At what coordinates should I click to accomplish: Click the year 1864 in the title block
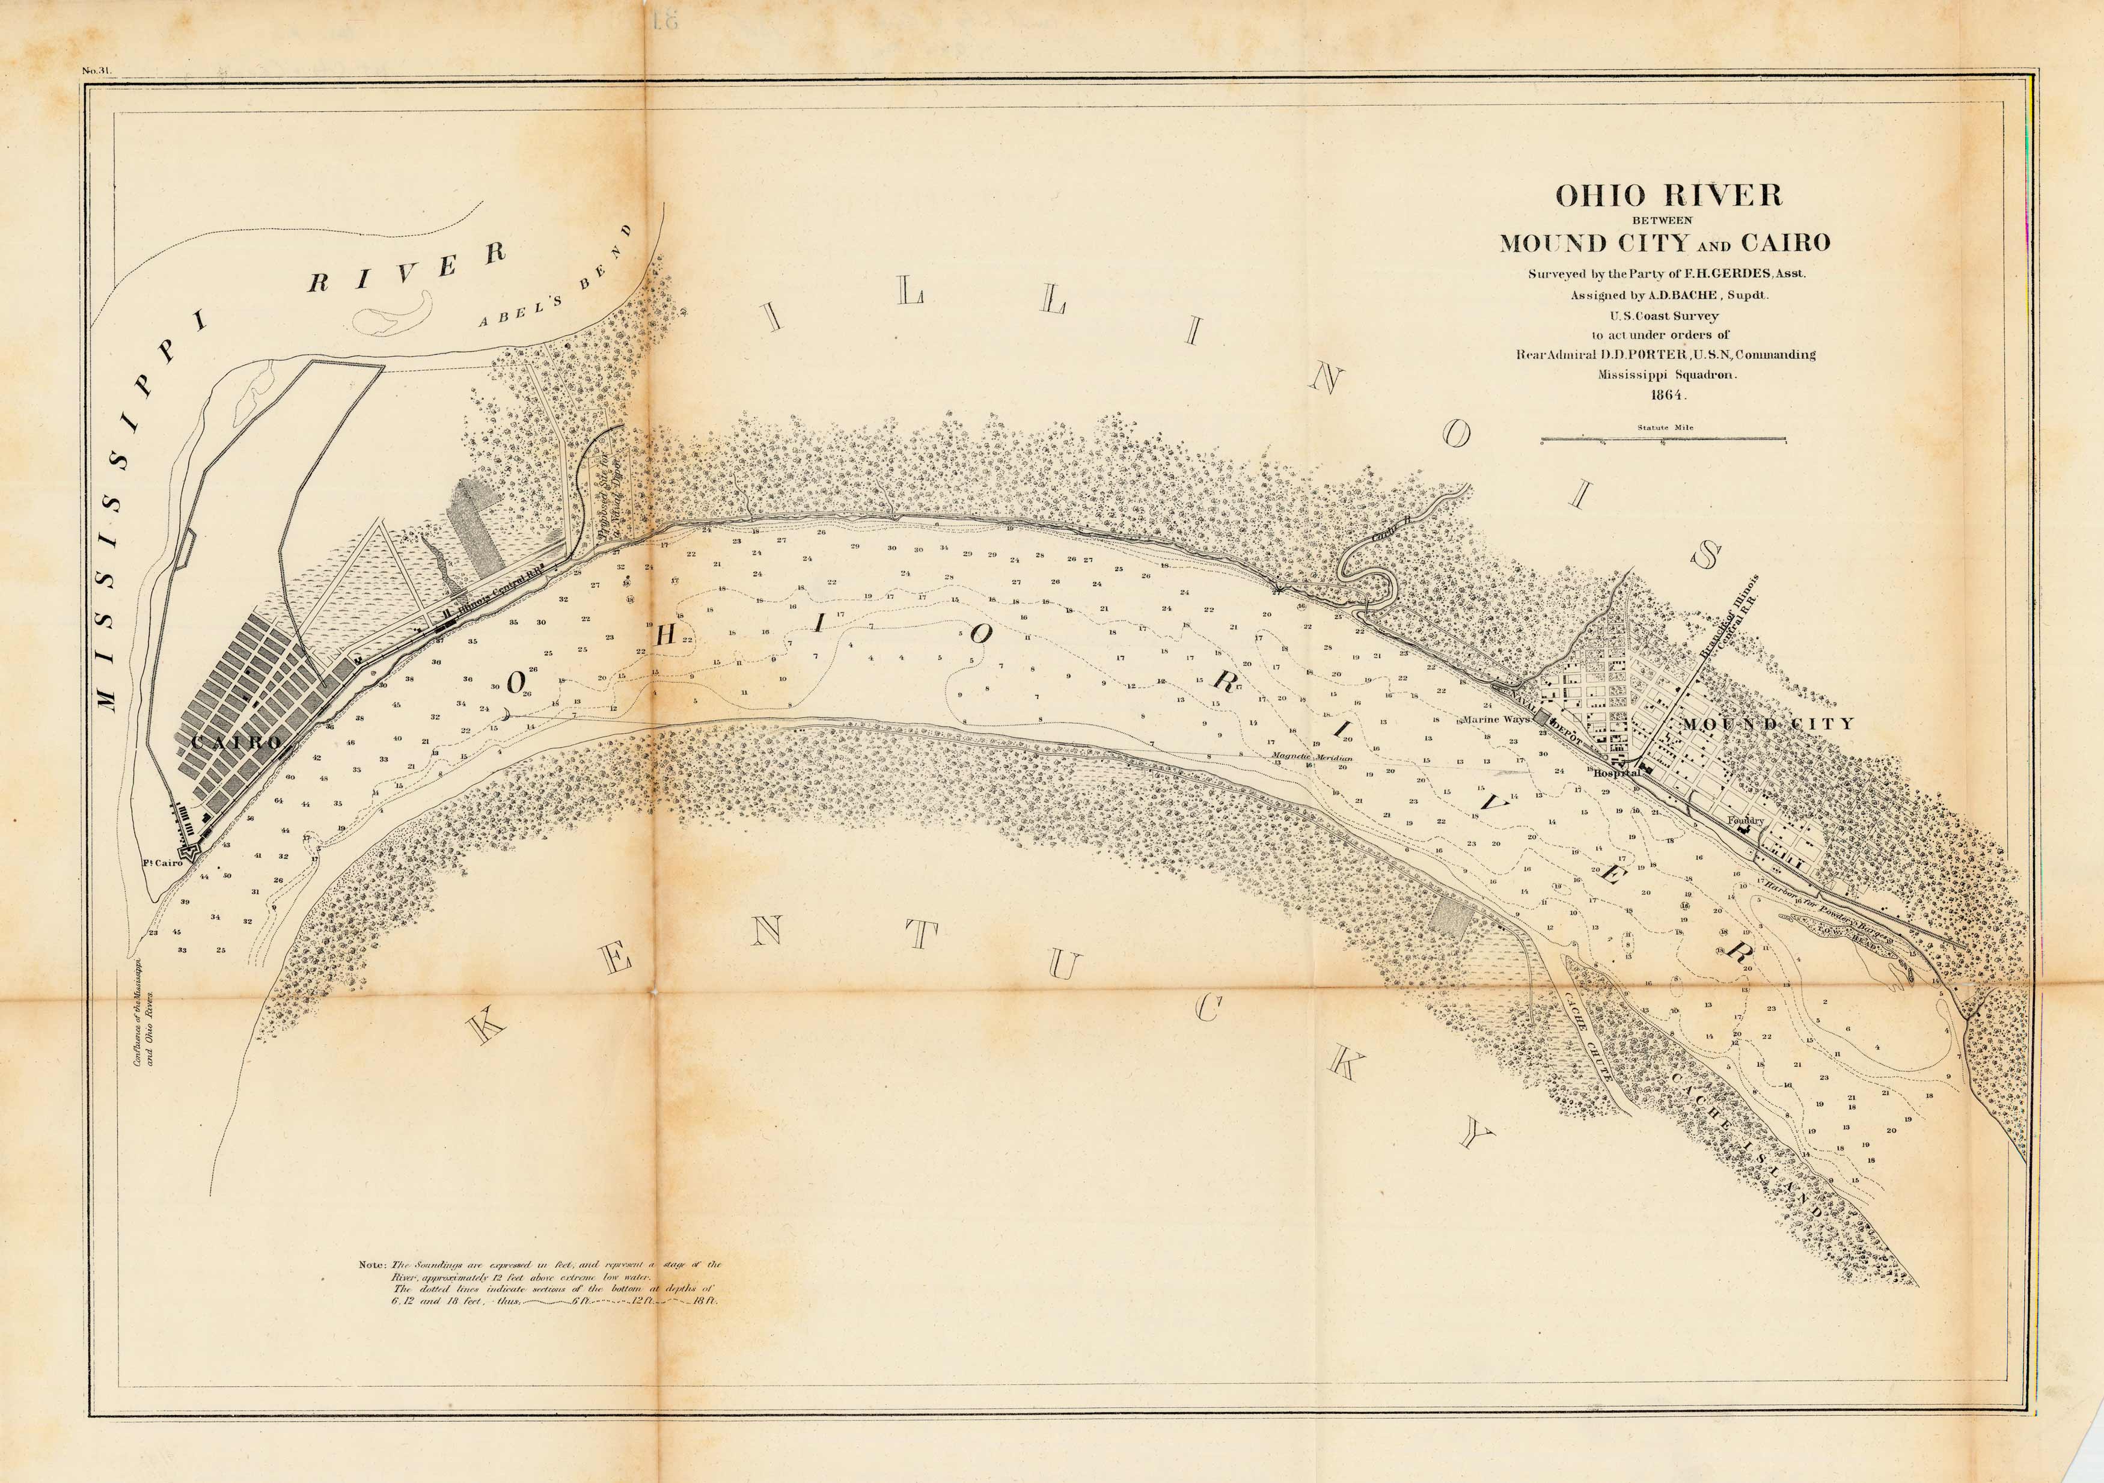[x=1667, y=396]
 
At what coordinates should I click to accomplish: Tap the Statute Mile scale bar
[x=1663, y=439]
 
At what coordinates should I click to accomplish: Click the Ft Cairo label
[x=163, y=863]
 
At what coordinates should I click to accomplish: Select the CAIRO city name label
[x=236, y=742]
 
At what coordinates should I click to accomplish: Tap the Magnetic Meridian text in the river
[x=1312, y=757]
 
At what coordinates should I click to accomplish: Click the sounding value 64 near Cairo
[x=278, y=800]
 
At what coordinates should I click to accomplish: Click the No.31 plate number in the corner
[x=96, y=70]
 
